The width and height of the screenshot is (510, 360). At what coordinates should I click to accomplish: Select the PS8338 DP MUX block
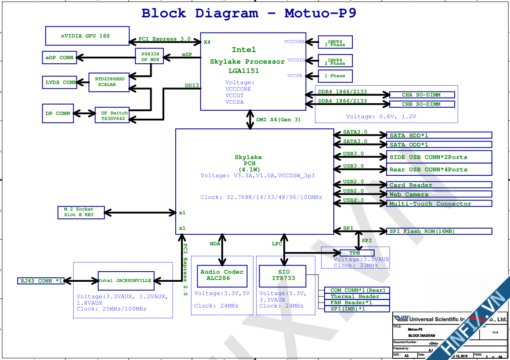click(150, 56)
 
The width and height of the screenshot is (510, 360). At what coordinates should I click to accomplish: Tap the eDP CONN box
click(60, 57)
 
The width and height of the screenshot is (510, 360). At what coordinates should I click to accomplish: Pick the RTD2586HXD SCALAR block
click(109, 82)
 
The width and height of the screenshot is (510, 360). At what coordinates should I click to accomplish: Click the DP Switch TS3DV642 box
click(112, 116)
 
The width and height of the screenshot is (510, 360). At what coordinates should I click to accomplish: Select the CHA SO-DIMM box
click(422, 95)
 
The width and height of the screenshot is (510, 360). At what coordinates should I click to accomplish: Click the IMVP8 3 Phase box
click(335, 42)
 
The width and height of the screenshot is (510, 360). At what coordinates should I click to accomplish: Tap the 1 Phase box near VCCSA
click(335, 76)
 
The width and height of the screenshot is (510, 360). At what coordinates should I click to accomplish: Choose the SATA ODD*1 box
click(439, 145)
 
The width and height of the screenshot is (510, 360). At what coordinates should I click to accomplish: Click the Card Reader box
click(439, 185)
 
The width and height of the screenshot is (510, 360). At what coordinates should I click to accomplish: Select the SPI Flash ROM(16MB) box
click(439, 231)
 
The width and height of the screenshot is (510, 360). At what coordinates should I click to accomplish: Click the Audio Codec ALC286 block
click(221, 275)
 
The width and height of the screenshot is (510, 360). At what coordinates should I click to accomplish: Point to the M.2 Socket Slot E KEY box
click(81, 212)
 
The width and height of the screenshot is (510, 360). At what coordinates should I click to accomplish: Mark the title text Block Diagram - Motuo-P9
click(249, 13)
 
